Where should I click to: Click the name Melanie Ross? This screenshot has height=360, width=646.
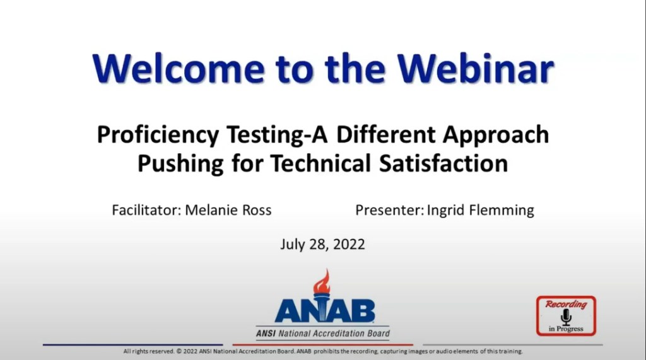pos(228,210)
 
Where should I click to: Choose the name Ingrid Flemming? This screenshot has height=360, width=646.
pos(481,210)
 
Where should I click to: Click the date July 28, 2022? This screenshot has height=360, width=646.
pos(322,244)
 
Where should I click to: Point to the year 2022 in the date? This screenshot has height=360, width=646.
pos(348,244)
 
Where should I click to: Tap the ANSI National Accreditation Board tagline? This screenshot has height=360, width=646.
pos(322,334)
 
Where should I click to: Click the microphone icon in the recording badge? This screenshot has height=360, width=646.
pos(566,316)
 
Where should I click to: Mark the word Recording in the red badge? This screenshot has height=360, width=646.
pos(566,305)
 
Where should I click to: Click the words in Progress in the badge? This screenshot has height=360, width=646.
pos(566,328)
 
